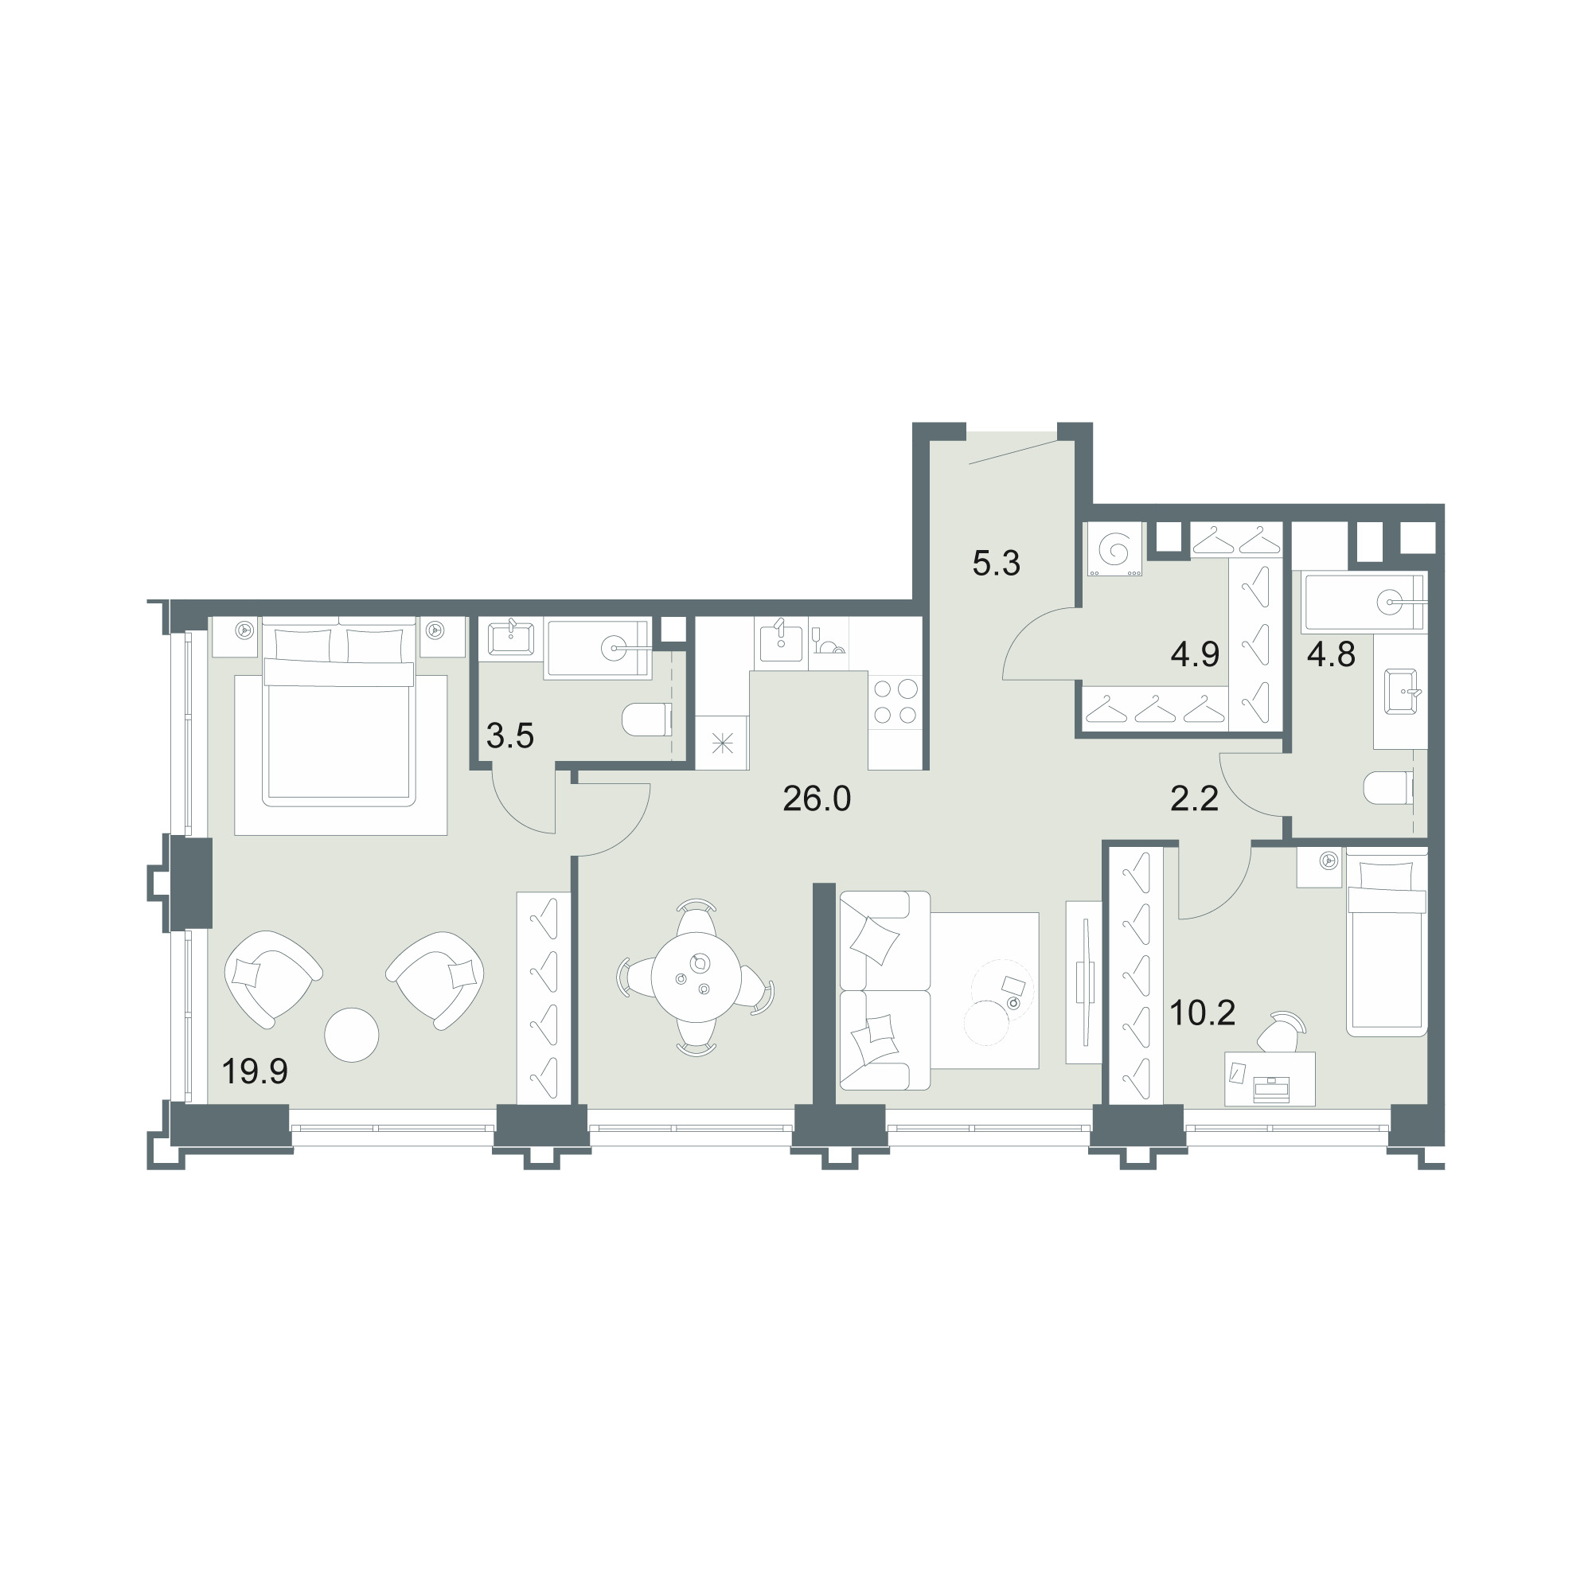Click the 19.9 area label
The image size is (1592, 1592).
click(255, 1072)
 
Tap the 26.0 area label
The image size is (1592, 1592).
click(817, 799)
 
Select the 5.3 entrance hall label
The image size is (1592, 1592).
click(997, 564)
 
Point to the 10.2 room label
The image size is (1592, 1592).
click(1202, 1013)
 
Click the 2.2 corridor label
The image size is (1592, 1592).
click(1195, 798)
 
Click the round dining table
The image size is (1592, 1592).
click(696, 977)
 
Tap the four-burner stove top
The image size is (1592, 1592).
click(895, 701)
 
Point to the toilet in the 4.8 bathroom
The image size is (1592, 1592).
click(1389, 789)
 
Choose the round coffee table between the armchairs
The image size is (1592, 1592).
click(352, 1035)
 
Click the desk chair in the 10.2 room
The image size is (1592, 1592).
click(1284, 1032)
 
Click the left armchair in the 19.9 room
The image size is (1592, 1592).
click(272, 980)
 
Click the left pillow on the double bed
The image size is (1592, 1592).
click(303, 646)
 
